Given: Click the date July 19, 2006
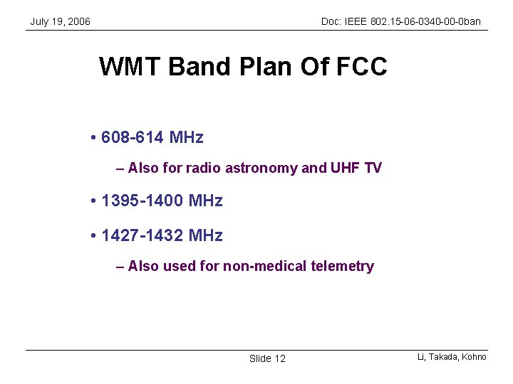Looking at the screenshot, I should coord(60,22).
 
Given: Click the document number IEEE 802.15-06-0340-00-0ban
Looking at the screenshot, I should coord(413,22).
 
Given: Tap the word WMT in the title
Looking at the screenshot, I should coord(131,67).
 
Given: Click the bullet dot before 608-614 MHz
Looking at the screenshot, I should coord(94,137).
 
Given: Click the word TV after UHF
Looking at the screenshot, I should coord(373,169).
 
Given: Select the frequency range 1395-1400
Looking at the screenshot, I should coord(142,201).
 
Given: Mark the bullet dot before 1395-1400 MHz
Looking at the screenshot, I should coord(94,201).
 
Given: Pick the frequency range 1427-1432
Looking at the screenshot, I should coord(142,235).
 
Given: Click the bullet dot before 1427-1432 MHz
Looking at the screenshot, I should coord(94,235).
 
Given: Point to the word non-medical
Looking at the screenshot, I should coord(266,267).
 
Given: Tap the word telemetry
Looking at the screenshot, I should coord(343,267).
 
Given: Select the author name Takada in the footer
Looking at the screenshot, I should coord(443,357).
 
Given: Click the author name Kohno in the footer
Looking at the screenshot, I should coord(473,357).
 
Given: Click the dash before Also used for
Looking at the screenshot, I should coord(120,267).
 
